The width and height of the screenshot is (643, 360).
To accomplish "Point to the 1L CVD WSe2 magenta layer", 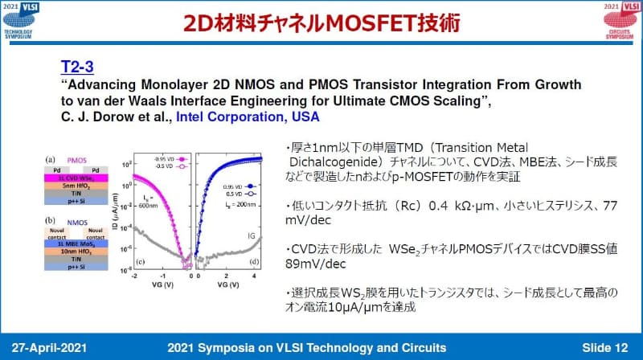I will (x=76, y=178).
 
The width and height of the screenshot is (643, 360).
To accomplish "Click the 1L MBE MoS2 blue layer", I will (x=76, y=242).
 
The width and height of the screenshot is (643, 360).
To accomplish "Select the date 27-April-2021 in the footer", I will (x=55, y=347).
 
